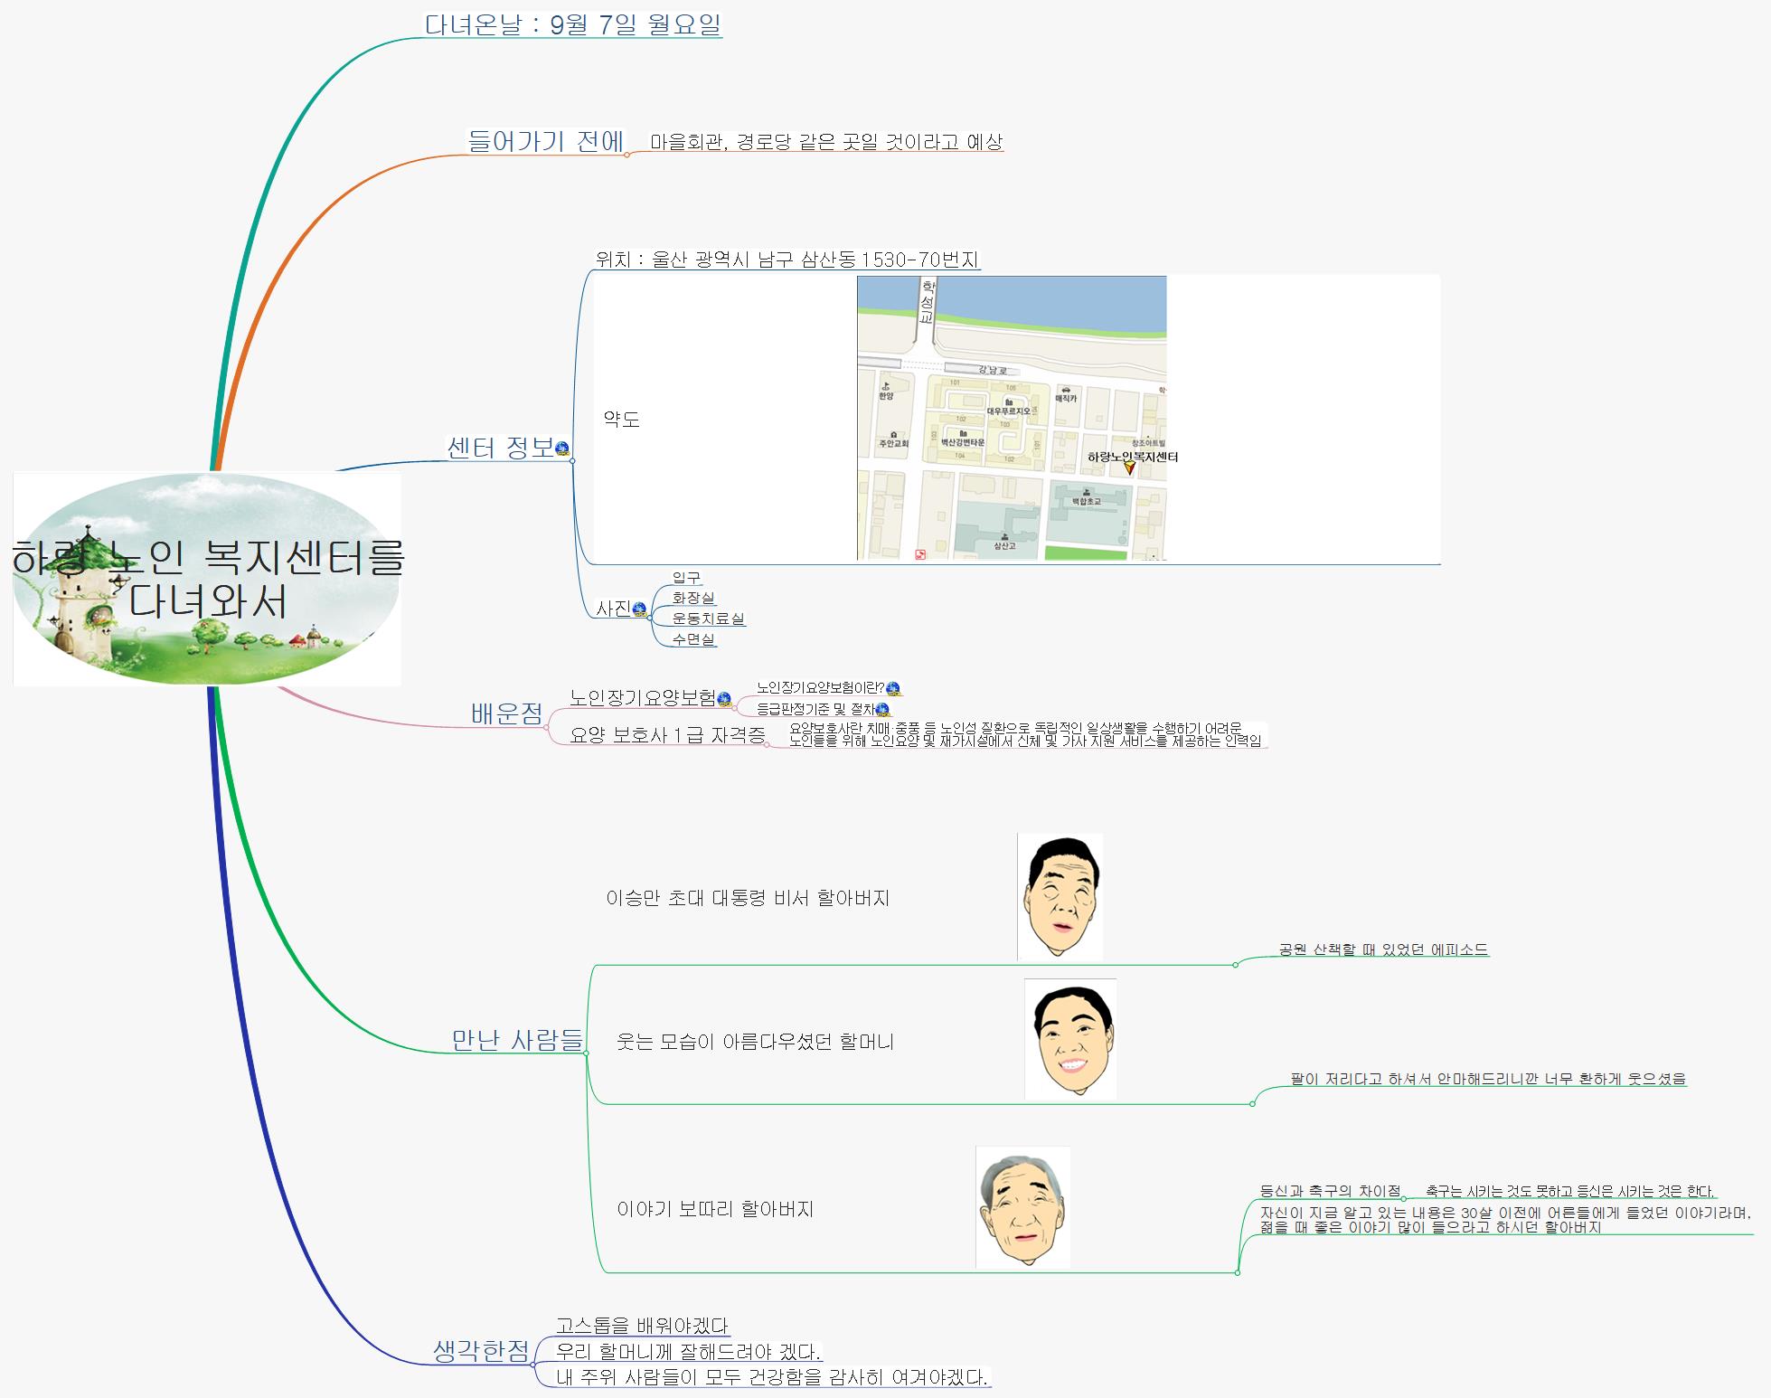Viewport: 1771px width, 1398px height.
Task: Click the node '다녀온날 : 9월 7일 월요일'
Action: click(573, 24)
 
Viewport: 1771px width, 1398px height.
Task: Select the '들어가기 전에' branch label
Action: click(545, 141)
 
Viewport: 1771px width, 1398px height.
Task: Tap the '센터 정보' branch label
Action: click(500, 448)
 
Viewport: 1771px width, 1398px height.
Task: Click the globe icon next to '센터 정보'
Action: click(562, 449)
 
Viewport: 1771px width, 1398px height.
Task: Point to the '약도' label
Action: click(621, 419)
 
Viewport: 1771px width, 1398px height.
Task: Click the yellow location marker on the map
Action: click(1129, 468)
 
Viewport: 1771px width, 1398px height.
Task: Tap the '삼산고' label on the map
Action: click(1004, 545)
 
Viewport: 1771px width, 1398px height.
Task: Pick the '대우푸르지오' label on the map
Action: click(1008, 411)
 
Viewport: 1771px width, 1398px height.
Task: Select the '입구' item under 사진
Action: click(686, 577)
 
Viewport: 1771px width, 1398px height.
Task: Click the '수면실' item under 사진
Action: click(693, 639)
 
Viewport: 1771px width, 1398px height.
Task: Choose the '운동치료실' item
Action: click(708, 619)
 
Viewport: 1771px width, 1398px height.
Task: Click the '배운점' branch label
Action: click(506, 714)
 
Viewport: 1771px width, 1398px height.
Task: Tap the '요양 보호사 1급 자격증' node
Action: click(667, 735)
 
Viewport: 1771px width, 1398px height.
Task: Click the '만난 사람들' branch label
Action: click(517, 1040)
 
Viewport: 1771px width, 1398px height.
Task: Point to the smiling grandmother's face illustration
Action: click(1070, 1040)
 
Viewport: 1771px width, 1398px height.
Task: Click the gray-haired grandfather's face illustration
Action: click(1022, 1207)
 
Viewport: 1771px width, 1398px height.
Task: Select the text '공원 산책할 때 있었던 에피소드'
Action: click(1382, 949)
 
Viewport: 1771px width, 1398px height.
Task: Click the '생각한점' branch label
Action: click(481, 1351)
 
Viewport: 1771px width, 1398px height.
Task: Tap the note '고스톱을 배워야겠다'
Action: click(641, 1326)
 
